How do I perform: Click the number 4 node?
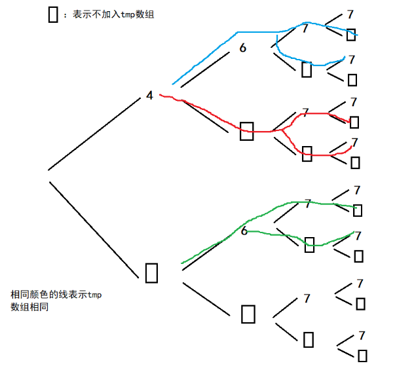(149, 96)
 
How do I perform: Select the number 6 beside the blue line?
(242, 48)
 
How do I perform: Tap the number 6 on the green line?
(244, 231)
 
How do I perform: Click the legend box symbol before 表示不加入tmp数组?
(53, 14)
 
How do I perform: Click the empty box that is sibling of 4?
(151, 272)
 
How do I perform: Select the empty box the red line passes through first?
(247, 130)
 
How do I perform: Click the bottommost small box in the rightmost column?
(362, 356)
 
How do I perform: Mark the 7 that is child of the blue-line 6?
(305, 28)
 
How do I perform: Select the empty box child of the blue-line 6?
(307, 69)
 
